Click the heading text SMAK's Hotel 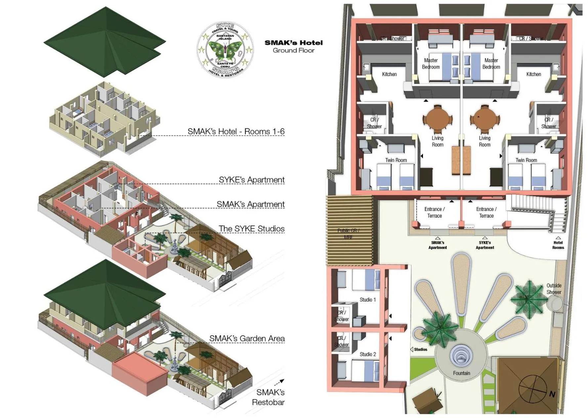tap(293, 43)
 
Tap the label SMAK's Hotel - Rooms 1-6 tap(236, 131)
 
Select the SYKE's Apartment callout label tap(251, 180)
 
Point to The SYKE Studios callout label tap(251, 229)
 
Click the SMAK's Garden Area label tap(247, 338)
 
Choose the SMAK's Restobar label tap(269, 397)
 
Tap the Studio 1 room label tap(367, 300)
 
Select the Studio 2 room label tap(367, 354)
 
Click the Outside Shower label tap(554, 289)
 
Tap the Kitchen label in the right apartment tap(533, 74)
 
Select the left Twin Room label tap(396, 160)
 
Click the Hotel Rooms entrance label tap(558, 245)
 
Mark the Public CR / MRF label tap(348, 233)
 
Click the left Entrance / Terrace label tap(435, 212)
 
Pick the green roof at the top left tap(104, 41)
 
